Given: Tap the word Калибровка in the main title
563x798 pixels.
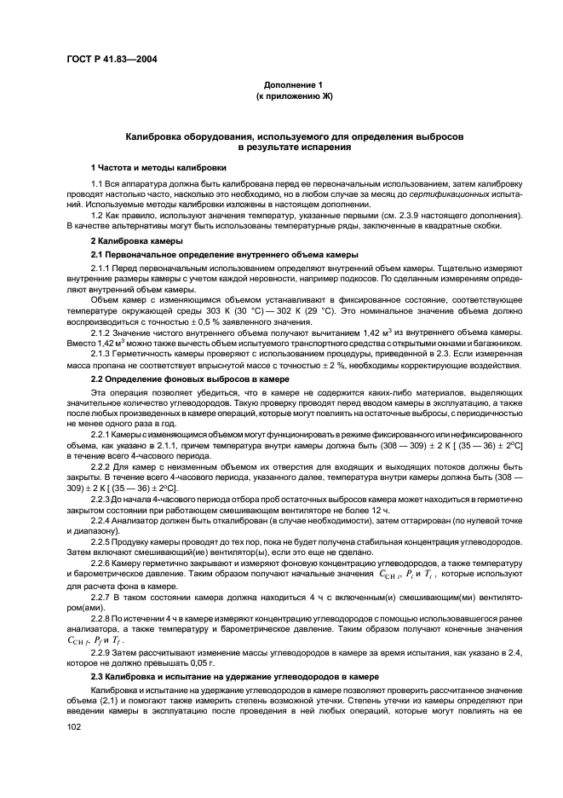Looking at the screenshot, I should (159, 136).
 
